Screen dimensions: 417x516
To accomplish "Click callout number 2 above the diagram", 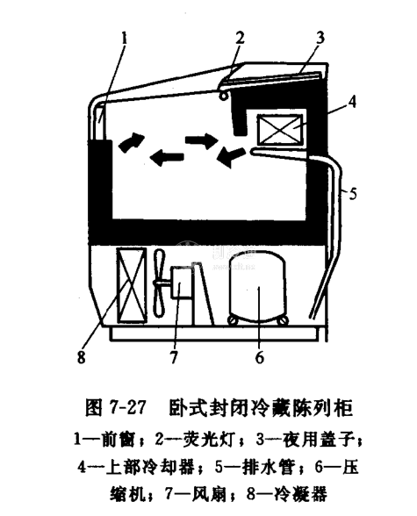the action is pos(240,38).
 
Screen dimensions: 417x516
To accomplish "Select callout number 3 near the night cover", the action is pos(319,38).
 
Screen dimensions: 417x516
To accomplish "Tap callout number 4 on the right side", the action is pos(352,102).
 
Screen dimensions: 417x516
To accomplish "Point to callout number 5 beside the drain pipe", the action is pos(353,193).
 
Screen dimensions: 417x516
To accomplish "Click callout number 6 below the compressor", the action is pos(260,356).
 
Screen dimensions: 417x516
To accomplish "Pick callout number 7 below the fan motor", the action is pos(174,356).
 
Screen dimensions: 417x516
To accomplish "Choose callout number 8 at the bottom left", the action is pos(82,356).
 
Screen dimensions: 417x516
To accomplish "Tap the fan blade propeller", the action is pos(159,283).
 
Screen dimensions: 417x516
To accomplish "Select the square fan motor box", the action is pos(181,283).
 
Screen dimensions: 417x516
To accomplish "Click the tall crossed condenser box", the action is pos(132,285).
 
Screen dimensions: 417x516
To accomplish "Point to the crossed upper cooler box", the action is pos(279,129).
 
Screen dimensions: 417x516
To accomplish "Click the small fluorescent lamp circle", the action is pos(225,96).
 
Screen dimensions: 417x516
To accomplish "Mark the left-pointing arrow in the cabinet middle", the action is pos(167,157).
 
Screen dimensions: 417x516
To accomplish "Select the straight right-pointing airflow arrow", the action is pos(201,140).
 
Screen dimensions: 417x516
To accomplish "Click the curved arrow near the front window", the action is pos(131,142).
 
